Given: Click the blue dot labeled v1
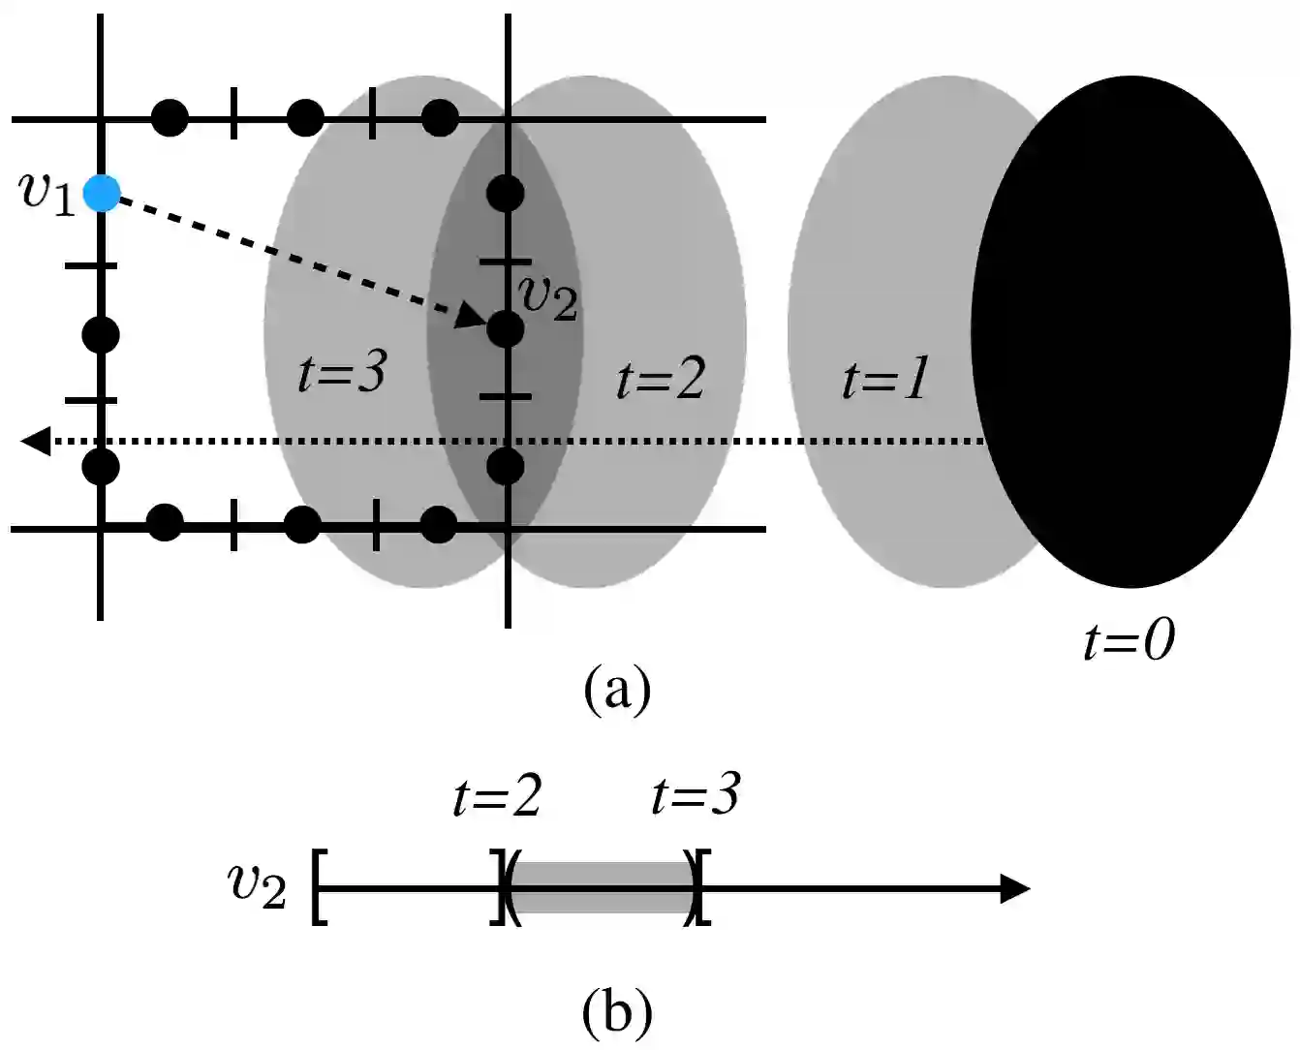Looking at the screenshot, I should (x=101, y=193).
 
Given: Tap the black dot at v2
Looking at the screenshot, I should (x=505, y=329).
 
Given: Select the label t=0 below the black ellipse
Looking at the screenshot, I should (x=1129, y=640).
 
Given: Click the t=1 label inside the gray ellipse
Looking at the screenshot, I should (x=885, y=378).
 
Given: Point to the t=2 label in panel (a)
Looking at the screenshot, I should (x=661, y=378).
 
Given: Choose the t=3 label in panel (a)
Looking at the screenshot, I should (x=343, y=372).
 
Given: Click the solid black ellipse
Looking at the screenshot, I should (x=1130, y=331).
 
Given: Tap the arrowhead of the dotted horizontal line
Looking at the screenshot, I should (x=35, y=442).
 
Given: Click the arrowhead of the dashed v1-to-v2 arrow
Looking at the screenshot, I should (x=472, y=316).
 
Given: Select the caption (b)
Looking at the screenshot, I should (x=617, y=1012).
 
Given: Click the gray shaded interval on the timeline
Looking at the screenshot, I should (x=601, y=887).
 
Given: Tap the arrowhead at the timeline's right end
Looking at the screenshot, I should (x=1014, y=887).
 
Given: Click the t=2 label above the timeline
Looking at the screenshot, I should (x=497, y=797).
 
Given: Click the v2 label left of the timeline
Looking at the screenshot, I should (x=257, y=884).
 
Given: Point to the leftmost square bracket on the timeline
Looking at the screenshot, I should (x=319, y=887).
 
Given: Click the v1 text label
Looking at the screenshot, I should (x=46, y=192).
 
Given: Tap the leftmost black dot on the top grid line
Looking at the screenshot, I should (x=170, y=118).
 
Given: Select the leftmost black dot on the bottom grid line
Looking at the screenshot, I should (x=165, y=523).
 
